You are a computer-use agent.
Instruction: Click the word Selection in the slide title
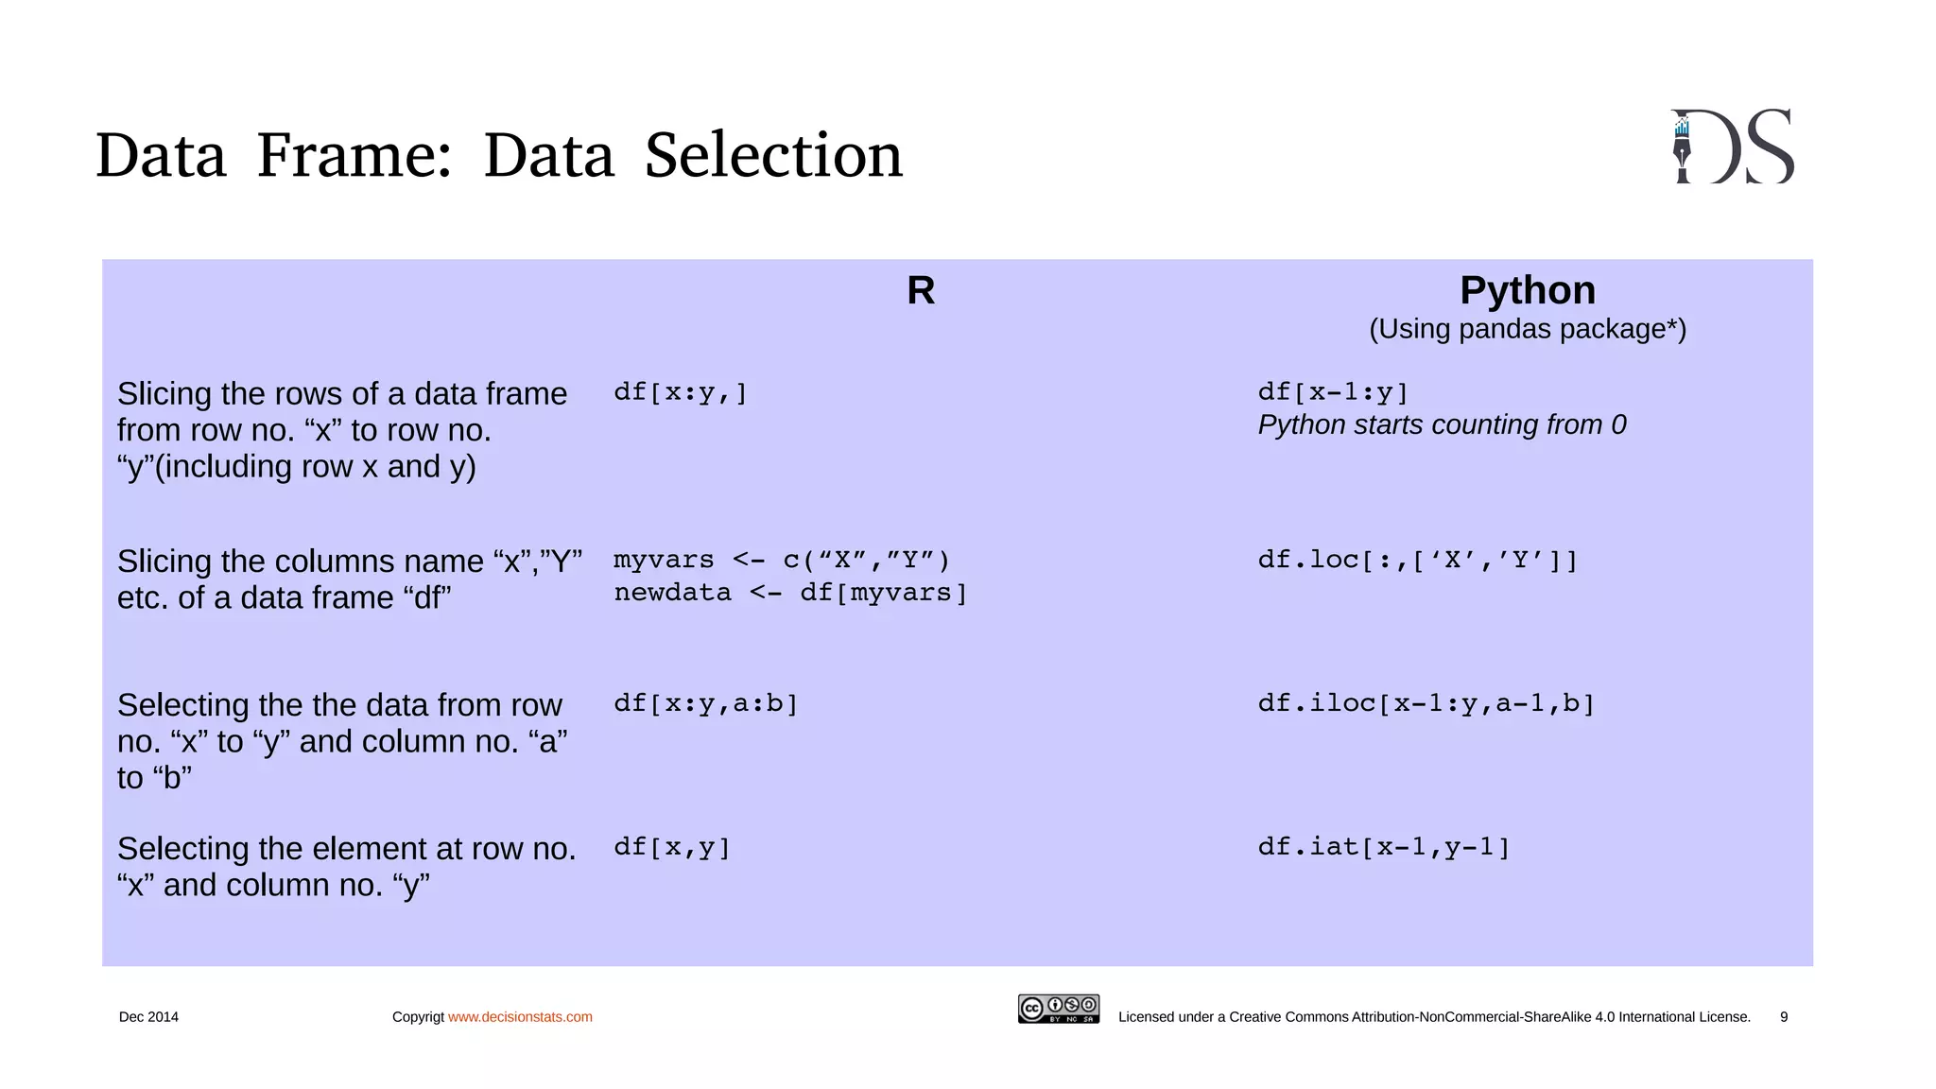point(773,155)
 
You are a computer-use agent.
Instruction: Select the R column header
point(920,290)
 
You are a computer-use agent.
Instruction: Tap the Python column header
point(1527,290)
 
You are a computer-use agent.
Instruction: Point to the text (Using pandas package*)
point(1527,329)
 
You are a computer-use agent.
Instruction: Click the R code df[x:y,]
point(681,392)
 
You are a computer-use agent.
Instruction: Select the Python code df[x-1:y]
point(1333,392)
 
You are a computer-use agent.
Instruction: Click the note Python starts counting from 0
point(1442,425)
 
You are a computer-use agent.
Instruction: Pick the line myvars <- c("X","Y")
point(781,560)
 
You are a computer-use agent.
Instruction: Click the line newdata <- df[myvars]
point(790,593)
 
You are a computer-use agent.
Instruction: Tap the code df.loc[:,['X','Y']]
point(1417,560)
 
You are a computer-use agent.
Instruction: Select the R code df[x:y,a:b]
point(706,703)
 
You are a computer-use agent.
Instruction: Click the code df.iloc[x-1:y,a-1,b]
point(1426,703)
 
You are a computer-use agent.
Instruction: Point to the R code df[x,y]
point(672,847)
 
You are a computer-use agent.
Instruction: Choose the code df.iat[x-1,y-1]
point(1384,847)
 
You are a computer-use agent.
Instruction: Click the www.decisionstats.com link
point(520,1017)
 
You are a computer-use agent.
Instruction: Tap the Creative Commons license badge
point(1058,1009)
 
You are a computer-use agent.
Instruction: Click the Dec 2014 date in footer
point(148,1017)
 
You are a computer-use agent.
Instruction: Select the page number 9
point(1784,1017)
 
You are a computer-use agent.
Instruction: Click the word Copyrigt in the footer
point(418,1017)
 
